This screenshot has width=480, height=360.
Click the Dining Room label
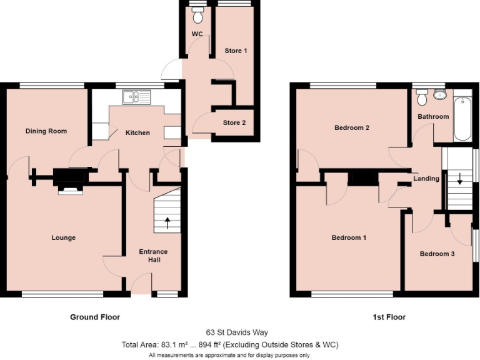point(46,131)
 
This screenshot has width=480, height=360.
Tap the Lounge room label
point(63,237)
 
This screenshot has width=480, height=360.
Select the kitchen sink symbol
point(136,96)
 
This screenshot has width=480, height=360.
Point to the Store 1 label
point(236,51)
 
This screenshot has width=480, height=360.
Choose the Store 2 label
point(234,122)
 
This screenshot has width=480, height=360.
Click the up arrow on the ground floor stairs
point(167,221)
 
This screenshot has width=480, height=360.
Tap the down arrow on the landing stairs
point(460,179)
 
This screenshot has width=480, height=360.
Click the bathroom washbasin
point(439,94)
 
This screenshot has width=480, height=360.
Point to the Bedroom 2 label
point(352,128)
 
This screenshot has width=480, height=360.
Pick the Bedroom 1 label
point(349,237)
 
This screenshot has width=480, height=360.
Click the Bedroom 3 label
point(437,254)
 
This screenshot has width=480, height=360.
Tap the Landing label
point(426,179)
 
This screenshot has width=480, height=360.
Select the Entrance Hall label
point(153,256)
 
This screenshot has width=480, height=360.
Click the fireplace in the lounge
point(69,181)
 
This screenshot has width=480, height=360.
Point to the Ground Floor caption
point(95,317)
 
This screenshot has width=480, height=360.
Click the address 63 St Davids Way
point(237,332)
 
